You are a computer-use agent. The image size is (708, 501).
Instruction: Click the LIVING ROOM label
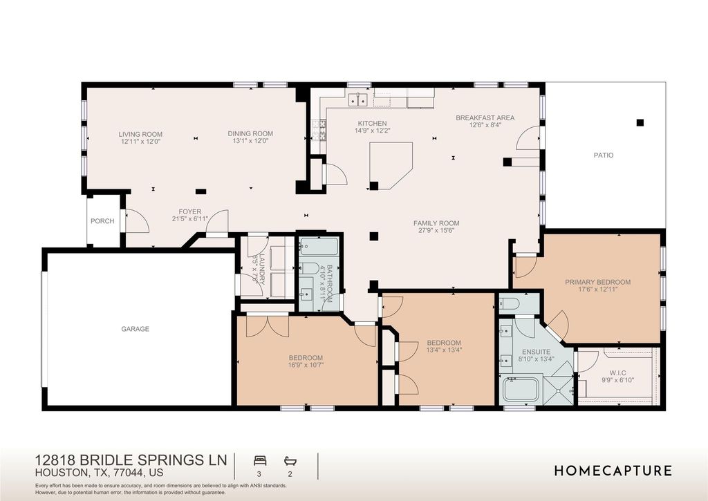(140, 134)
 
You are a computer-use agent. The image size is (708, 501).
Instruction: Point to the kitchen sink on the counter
(358, 101)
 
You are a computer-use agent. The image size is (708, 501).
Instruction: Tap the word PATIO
(603, 155)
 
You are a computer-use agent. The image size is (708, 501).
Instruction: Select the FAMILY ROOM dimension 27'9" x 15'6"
(436, 231)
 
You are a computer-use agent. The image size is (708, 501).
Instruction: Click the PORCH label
(102, 221)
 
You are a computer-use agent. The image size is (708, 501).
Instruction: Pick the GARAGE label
(136, 329)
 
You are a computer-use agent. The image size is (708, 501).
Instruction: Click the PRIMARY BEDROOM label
(597, 282)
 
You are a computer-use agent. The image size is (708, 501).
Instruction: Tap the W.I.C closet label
(617, 372)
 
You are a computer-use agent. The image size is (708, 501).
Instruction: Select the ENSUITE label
(536, 352)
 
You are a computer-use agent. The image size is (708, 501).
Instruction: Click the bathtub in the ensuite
(521, 390)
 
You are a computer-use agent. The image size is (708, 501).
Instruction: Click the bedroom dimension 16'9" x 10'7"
(306, 365)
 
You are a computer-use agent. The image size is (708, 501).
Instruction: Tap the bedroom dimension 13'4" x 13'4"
(444, 350)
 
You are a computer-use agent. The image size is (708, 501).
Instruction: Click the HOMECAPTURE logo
(613, 471)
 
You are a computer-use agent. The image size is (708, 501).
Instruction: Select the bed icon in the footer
(261, 460)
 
